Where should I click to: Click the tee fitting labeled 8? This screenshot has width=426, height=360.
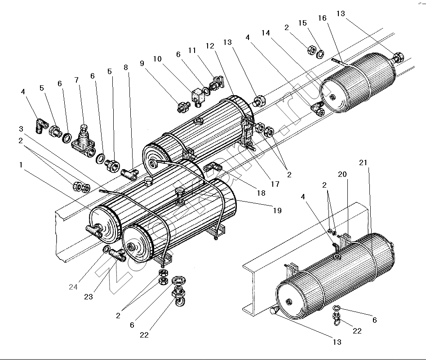(x=129, y=173)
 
